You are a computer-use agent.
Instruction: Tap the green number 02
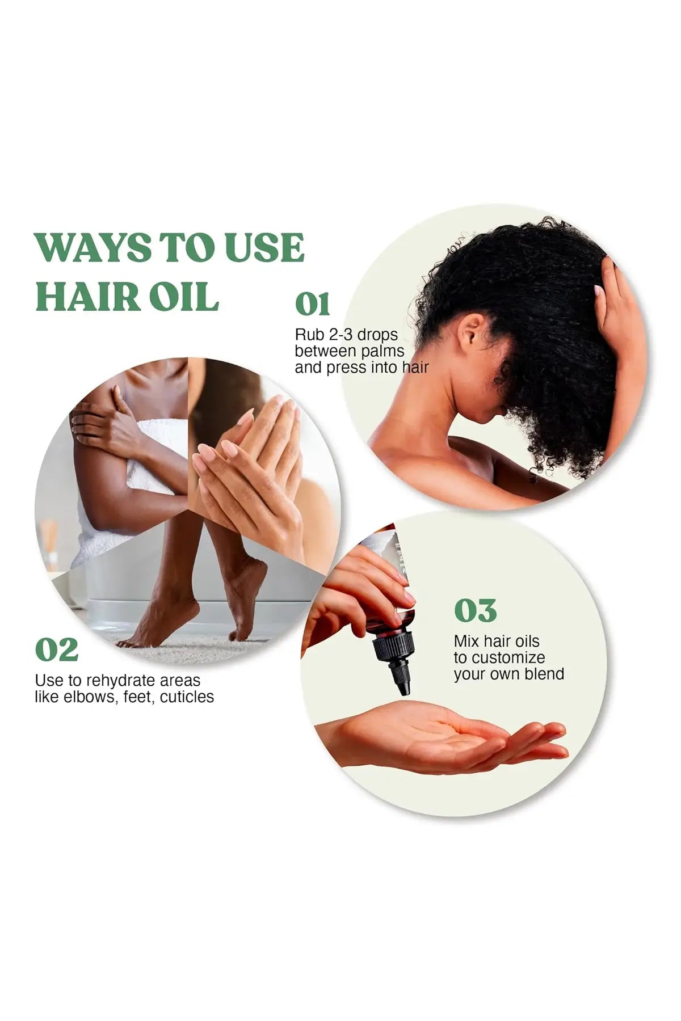(56, 650)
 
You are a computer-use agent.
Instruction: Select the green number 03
(475, 610)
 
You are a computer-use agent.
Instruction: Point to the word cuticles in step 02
(187, 697)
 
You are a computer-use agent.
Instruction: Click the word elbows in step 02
(88, 697)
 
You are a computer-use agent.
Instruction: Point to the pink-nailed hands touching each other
(250, 454)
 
